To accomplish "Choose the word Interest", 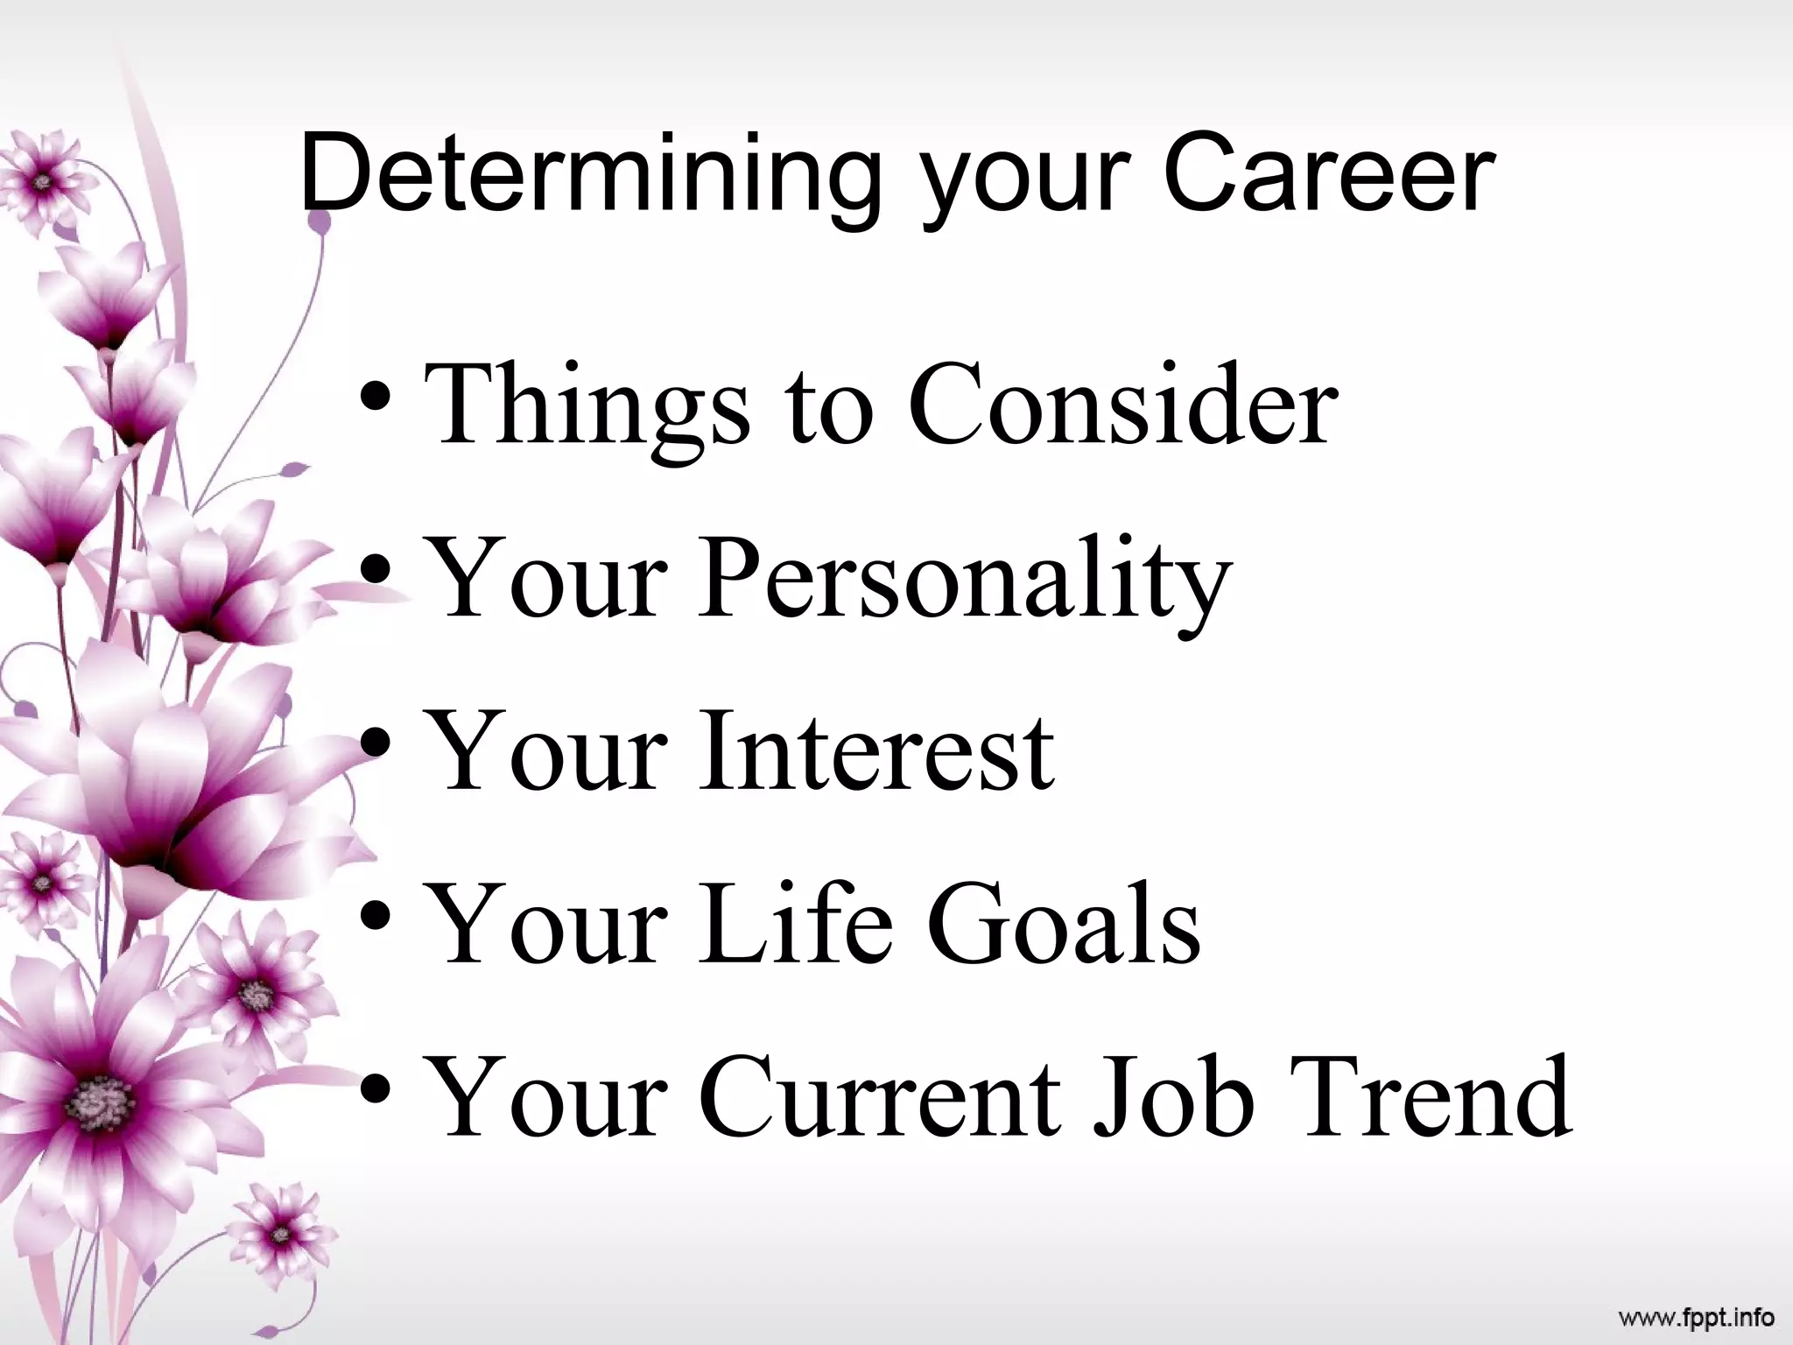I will (875, 751).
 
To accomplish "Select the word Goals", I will (1063, 924).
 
